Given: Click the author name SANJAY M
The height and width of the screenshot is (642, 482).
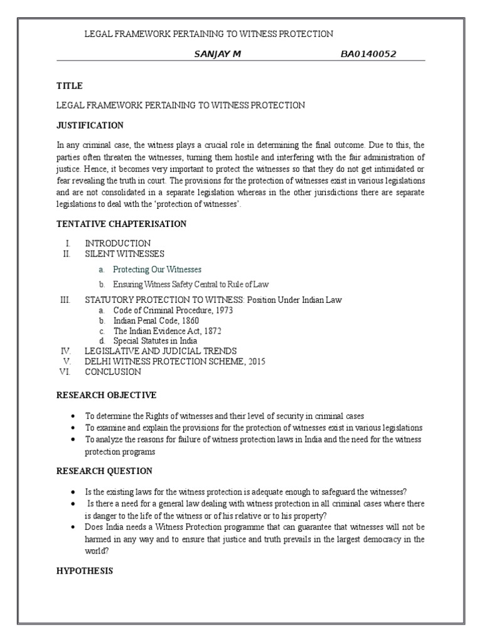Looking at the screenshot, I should point(218,54).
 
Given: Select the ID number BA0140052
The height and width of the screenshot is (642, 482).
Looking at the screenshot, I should point(368,54).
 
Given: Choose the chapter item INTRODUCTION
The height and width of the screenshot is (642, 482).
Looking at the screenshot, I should point(117,243).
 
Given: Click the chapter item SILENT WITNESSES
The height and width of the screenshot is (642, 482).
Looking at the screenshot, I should point(124,253).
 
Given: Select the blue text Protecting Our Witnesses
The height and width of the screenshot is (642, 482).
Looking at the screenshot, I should point(157,270).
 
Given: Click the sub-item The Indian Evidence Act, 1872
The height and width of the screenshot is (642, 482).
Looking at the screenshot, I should point(167,330).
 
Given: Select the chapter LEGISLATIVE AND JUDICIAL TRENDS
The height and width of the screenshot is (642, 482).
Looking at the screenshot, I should point(161,351).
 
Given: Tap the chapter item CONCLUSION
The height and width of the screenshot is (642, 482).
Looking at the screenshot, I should point(113,371).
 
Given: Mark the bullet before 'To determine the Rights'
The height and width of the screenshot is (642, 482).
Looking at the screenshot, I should point(73,416).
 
